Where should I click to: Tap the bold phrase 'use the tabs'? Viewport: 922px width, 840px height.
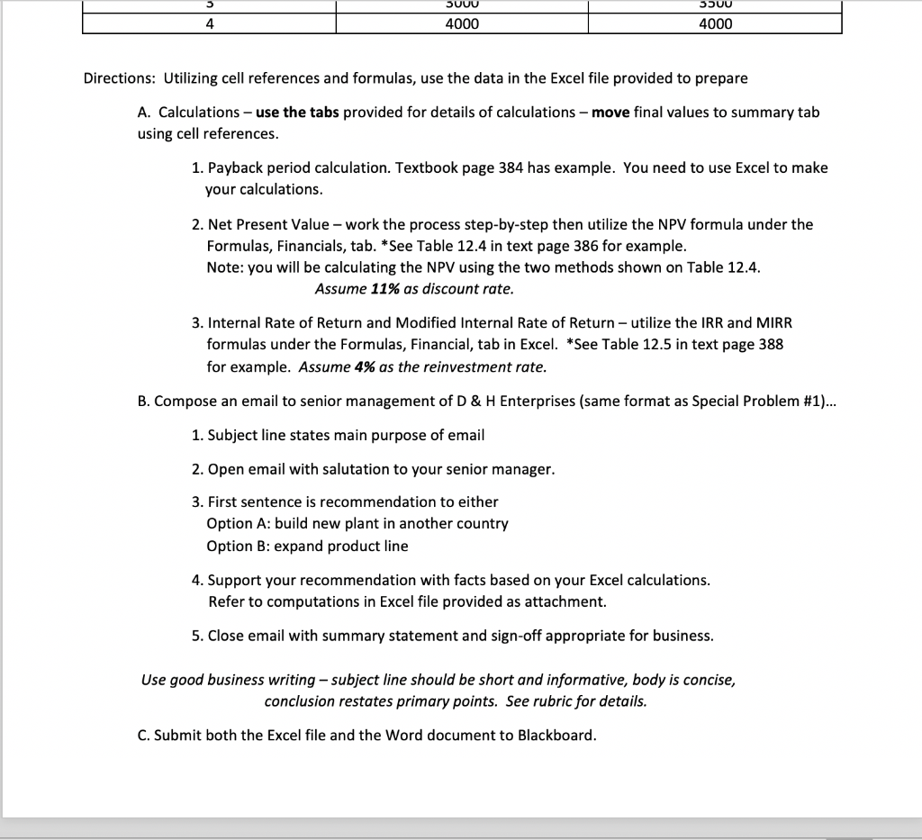(298, 113)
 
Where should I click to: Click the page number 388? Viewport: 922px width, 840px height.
(770, 345)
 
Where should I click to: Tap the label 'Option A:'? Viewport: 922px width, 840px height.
(238, 523)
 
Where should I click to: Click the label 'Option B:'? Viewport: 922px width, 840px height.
(238, 546)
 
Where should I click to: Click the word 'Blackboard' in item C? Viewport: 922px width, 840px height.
(556, 736)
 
